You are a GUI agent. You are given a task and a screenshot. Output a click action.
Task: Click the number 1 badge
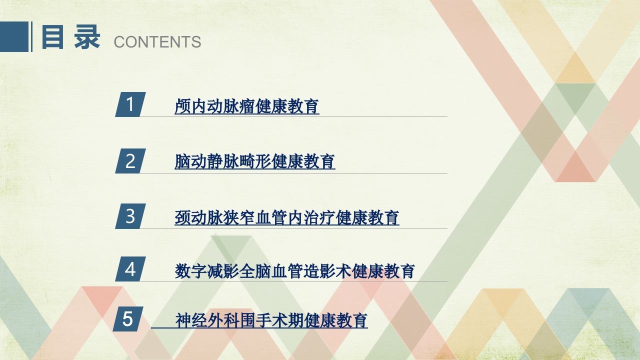[130, 104]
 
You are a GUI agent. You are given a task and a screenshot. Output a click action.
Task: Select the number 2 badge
[130, 161]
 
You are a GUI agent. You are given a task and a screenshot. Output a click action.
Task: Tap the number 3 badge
[130, 216]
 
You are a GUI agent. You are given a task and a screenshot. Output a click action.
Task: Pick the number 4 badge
[130, 269]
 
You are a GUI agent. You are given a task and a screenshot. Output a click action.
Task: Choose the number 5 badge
[128, 319]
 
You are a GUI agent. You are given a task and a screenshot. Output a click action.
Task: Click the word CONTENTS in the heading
[157, 42]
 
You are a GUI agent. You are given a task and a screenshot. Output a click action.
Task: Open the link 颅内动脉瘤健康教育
[247, 106]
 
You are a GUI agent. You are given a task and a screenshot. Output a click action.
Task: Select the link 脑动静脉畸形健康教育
[255, 161]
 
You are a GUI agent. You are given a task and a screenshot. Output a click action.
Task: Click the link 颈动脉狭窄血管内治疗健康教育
[287, 217]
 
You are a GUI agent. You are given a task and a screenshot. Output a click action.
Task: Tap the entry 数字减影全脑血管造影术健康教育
[295, 271]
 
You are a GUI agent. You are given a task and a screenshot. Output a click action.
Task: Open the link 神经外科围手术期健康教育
[271, 320]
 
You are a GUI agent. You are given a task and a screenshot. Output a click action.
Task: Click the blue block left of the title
[14, 37]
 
